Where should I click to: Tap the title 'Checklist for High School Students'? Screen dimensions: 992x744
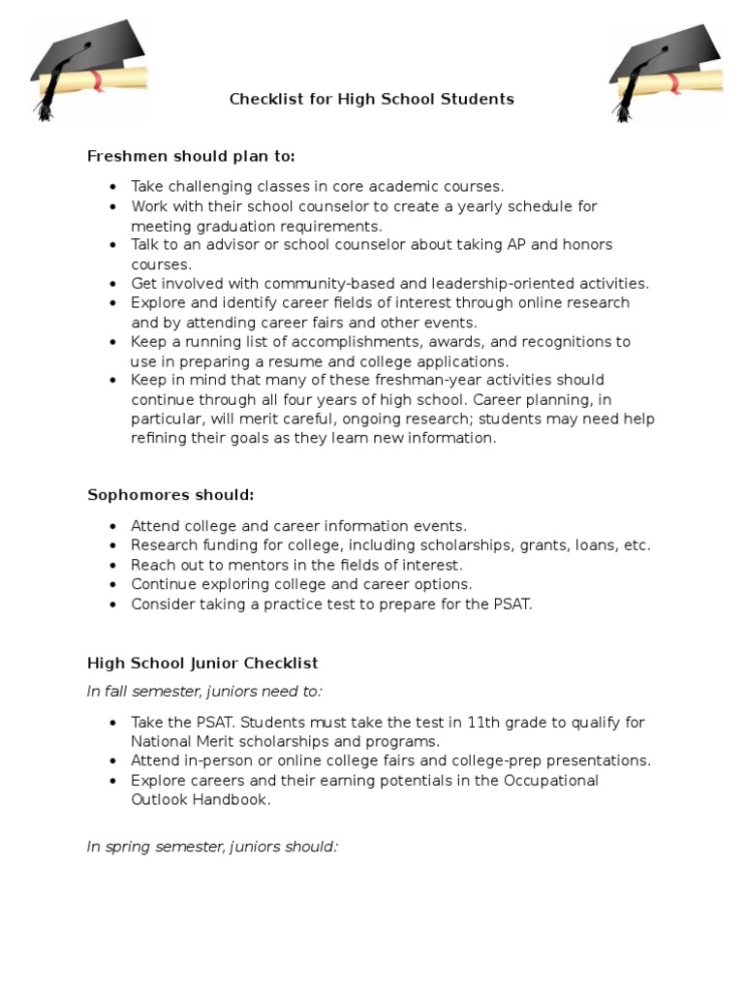pos(371,99)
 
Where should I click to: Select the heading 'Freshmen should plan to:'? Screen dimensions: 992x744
pos(191,156)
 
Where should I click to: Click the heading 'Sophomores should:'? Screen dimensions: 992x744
pos(170,495)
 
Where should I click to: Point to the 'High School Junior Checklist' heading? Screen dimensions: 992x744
pos(202,664)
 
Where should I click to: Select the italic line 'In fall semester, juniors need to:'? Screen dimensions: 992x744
pos(204,691)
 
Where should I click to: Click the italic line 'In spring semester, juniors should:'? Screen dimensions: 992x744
pos(212,847)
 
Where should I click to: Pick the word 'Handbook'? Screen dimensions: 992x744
pos(236,800)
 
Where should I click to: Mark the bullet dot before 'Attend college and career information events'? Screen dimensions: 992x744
pos(113,526)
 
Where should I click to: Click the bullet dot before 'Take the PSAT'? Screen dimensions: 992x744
pos(113,723)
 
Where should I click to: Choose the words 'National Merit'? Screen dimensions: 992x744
pos(179,742)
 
